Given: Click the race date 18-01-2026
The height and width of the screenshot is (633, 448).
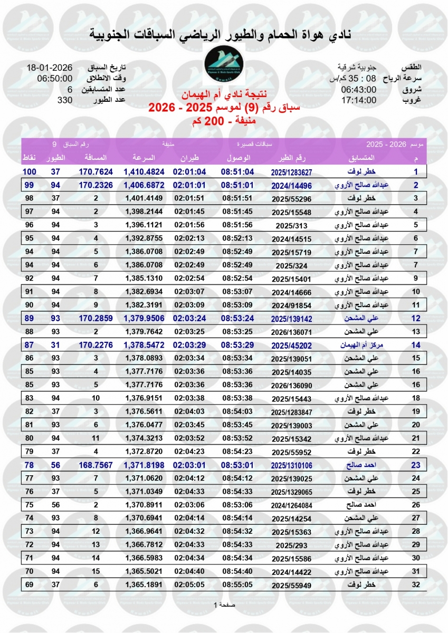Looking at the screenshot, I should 50,68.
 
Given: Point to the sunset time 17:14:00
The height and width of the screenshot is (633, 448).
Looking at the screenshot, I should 359,100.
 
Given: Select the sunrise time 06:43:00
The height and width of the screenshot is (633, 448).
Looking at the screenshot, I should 359,89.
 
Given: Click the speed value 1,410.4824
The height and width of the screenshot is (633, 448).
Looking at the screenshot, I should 145,171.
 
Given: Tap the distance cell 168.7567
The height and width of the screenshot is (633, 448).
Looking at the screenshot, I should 96,465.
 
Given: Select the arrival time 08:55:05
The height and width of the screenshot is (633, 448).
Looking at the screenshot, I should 238,584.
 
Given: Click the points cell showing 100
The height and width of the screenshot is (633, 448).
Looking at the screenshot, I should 28,171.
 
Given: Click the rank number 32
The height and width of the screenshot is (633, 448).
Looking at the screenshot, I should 416,584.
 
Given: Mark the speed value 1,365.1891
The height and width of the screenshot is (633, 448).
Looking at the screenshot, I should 145,584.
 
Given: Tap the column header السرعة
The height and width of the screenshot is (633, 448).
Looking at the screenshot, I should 142,158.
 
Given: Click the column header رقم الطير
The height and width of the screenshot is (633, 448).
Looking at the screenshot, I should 291,158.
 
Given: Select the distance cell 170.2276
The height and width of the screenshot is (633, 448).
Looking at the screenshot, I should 96,345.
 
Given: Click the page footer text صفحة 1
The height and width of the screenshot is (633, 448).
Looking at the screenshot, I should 224,604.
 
